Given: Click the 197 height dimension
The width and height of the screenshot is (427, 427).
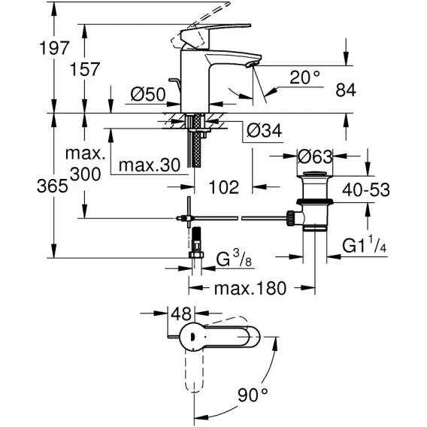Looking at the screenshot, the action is pos(54,48).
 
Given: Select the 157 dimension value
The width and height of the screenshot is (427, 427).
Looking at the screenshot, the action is pos(85,69).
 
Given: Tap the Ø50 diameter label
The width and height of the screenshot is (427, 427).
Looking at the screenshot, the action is pos(148,95).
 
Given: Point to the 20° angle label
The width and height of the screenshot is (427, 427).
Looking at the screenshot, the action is pos(304,77).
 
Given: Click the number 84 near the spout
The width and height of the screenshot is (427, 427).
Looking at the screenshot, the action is pos(346,90).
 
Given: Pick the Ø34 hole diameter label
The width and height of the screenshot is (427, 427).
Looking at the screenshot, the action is pos(264,131).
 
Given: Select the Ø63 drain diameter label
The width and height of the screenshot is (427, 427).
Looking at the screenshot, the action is pos(315,156).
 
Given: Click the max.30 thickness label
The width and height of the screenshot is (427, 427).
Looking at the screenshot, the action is pos(150,165).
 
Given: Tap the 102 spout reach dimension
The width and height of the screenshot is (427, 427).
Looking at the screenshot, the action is pos(223,187).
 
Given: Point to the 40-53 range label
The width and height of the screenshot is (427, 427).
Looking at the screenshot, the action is pos(366,189).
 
